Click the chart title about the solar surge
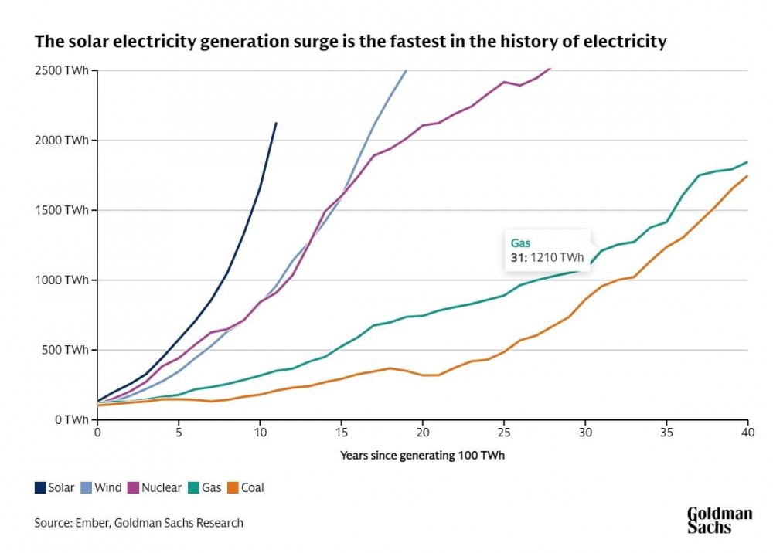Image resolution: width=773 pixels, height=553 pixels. tap(349, 42)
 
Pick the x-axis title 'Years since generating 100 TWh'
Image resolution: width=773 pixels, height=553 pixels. tap(422, 455)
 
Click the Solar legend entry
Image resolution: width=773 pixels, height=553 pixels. tap(55, 487)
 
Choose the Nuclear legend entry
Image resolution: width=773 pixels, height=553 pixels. tap(155, 487)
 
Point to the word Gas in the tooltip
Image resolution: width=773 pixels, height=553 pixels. tap(520, 243)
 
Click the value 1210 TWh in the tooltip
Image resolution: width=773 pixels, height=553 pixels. tap(556, 258)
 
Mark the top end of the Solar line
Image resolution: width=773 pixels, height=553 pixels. tap(276, 123)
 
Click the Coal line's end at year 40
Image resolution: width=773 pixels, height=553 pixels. tap(747, 176)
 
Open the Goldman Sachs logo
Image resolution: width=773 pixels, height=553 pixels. tap(719, 520)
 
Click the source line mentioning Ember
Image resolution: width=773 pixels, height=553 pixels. tap(138, 523)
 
